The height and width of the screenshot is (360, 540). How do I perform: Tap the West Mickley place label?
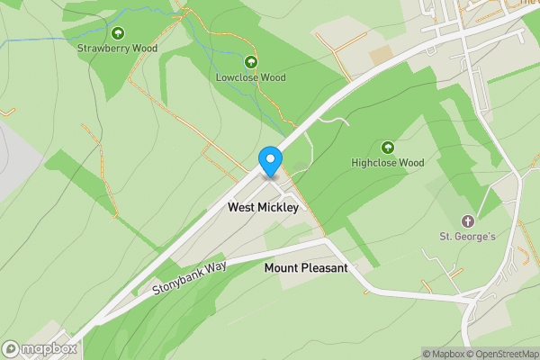click(263, 207)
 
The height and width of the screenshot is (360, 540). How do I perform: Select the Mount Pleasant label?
click(306, 267)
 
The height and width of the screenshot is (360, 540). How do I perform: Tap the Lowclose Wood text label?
click(250, 77)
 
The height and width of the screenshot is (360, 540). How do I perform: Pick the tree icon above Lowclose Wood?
click(250, 62)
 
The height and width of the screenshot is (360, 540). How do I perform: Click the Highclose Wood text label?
click(387, 163)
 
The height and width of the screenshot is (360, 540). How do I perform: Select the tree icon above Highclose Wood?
click(388, 147)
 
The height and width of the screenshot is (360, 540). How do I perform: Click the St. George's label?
click(468, 237)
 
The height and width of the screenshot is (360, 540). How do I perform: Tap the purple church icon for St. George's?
click(467, 220)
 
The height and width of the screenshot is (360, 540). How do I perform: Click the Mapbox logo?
click(40, 349)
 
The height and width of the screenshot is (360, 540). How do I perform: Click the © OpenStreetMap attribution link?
click(502, 354)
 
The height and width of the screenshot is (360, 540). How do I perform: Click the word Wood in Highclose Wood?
click(410, 163)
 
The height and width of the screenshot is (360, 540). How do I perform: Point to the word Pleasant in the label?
click(325, 267)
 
